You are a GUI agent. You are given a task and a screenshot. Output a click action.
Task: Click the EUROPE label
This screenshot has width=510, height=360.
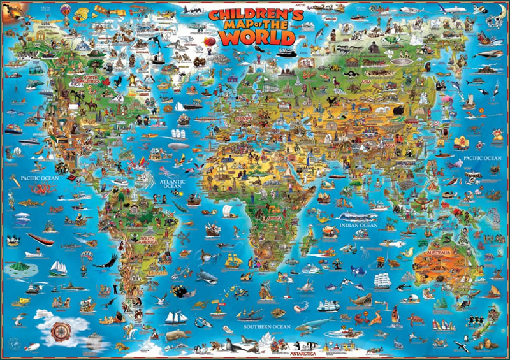click(245, 119)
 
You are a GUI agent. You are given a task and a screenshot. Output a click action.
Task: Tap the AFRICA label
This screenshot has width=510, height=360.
click(275, 218)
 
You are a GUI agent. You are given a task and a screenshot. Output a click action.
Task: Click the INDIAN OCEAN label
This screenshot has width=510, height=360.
click(358, 225)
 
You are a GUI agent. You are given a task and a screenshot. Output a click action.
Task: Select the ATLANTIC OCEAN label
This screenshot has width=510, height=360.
click(171, 184)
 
